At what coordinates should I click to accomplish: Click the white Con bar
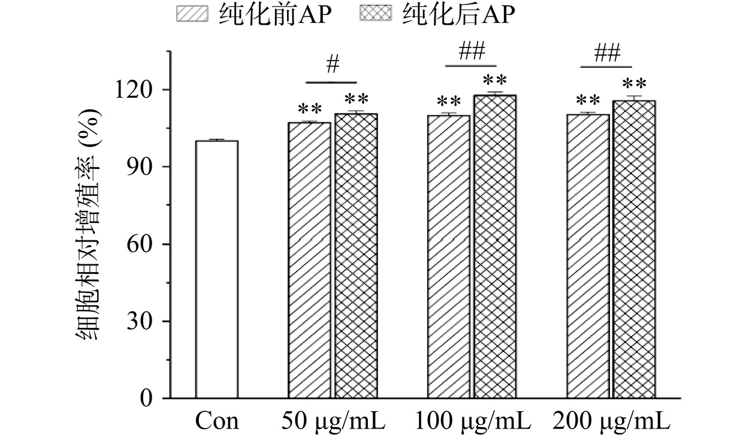tap(216, 269)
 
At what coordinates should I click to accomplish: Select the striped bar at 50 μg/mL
tap(309, 260)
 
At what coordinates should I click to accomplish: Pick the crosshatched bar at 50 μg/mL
tap(356, 256)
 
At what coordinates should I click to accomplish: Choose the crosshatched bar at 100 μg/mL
tap(495, 246)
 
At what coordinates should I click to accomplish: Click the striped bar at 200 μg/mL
tap(588, 256)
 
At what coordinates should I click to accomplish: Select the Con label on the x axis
tap(216, 421)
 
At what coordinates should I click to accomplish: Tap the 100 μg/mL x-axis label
tap(472, 421)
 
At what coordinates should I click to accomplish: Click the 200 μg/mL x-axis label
tap(611, 421)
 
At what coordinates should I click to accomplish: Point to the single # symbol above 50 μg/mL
tap(333, 64)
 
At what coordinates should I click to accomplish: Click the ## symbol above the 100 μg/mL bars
tap(471, 52)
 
